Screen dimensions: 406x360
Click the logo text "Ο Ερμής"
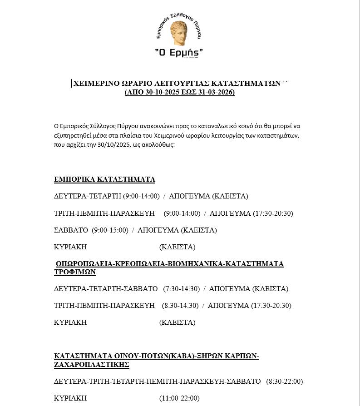point(179,53)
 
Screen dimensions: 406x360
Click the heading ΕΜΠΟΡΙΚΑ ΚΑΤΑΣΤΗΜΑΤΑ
point(104,179)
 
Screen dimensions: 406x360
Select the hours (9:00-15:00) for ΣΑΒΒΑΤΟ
point(110,230)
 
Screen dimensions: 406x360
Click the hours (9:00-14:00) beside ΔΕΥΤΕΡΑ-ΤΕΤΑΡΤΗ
point(141,196)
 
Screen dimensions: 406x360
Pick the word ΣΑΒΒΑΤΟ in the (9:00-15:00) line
point(71,230)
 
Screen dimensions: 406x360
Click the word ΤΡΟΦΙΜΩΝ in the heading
point(75,272)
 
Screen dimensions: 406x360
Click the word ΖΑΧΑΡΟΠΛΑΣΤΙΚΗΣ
point(92,365)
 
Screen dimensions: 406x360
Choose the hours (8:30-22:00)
point(284,381)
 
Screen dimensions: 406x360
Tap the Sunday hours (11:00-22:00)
point(179,398)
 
